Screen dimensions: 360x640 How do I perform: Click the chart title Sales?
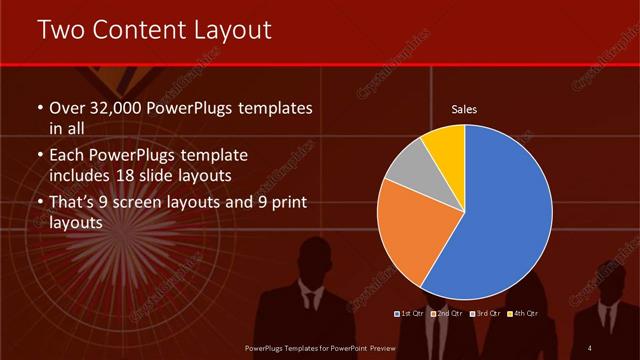coord(464,108)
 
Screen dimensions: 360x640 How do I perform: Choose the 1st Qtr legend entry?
coord(411,314)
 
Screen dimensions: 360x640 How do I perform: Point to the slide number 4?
coord(590,347)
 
